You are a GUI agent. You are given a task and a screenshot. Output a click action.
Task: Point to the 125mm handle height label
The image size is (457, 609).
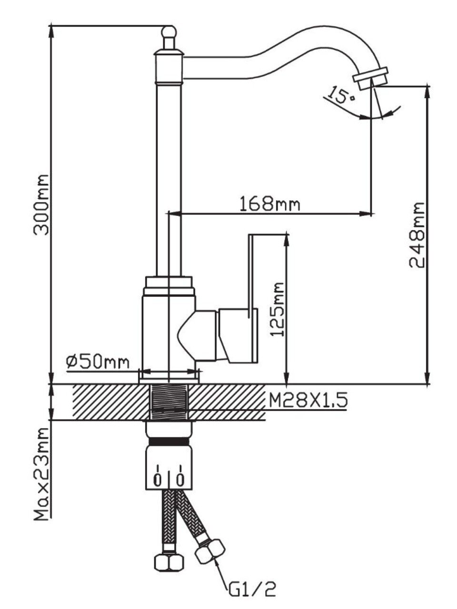pos(278,309)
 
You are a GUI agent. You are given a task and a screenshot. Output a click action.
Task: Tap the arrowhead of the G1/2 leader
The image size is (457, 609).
pos(217,564)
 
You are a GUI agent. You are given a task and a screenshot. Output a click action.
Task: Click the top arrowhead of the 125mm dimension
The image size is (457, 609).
pos(287,236)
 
